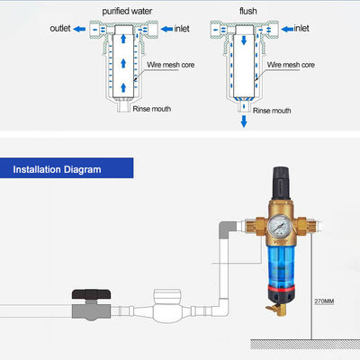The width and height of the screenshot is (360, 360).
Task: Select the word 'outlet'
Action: [x=61, y=29]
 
